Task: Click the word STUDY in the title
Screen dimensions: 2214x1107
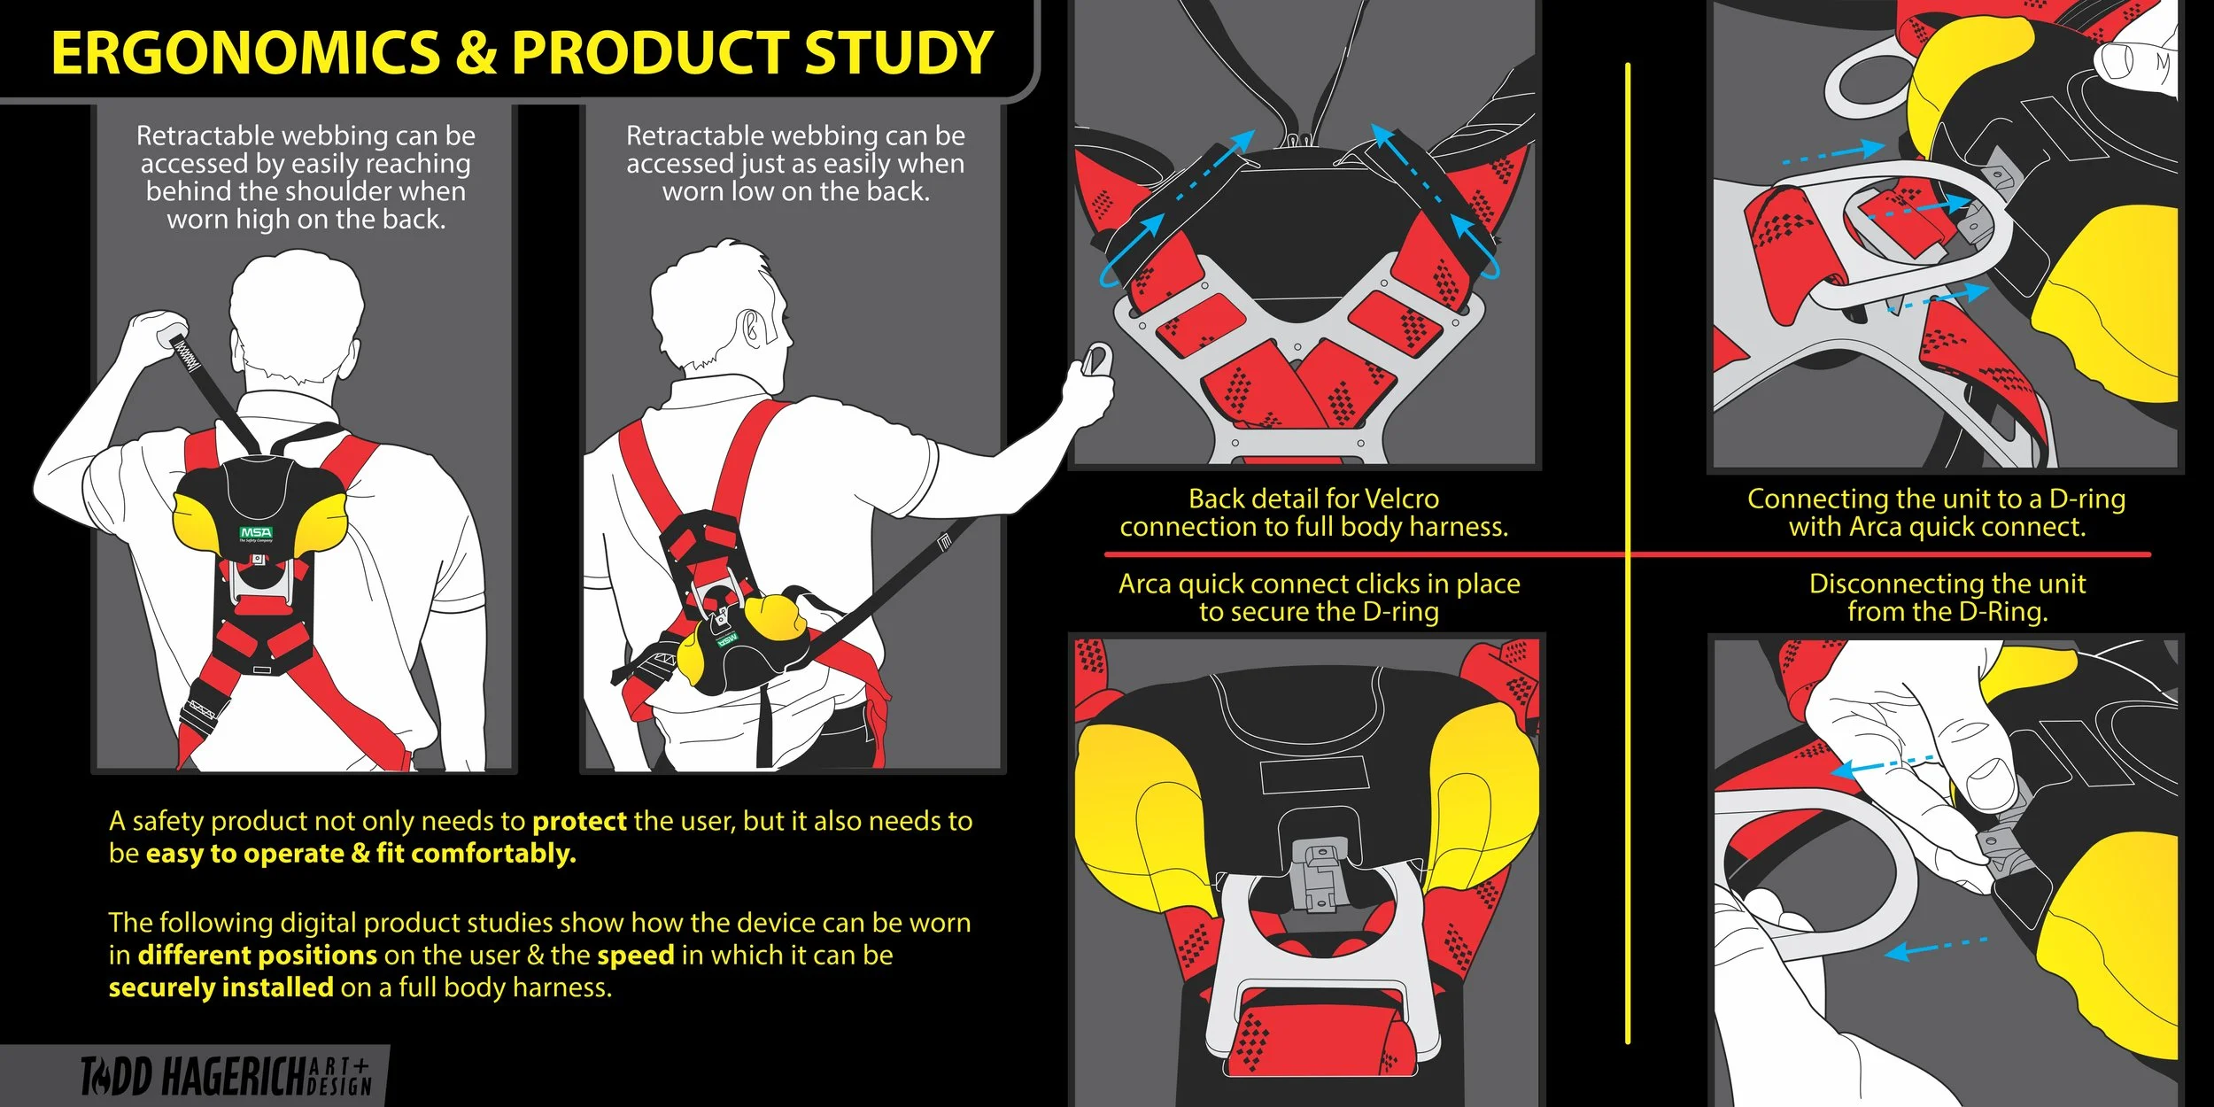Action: pos(898,53)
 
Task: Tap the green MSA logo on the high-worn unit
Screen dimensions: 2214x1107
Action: pos(256,533)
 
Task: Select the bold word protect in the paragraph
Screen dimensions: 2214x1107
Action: pos(579,822)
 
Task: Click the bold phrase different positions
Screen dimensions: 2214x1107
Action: pos(258,956)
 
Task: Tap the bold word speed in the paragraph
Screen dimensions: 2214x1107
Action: pos(635,956)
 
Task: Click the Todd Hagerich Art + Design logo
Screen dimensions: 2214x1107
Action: pos(226,1076)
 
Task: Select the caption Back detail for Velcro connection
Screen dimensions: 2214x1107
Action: pos(1313,513)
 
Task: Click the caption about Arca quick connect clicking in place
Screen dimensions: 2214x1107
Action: pos(1319,598)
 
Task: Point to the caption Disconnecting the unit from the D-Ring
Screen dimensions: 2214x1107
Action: pos(1947,598)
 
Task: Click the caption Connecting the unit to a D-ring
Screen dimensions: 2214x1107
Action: pos(1936,513)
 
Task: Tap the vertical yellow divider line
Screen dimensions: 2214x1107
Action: pos(1628,354)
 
